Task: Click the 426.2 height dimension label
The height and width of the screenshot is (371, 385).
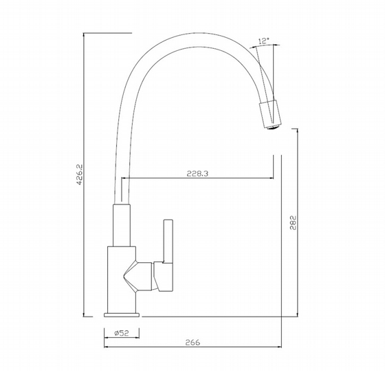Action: [80, 175]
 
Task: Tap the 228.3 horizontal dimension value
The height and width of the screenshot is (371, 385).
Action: [197, 173]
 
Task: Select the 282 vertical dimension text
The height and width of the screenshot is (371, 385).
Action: [293, 222]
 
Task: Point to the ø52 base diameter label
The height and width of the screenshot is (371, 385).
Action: [122, 333]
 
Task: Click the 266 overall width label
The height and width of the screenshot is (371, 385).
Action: [192, 342]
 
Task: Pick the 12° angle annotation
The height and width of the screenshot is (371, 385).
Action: [264, 41]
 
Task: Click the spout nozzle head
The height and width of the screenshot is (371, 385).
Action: [270, 114]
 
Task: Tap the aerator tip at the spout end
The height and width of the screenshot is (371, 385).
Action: [272, 127]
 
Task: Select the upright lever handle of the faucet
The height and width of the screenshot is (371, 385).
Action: [168, 241]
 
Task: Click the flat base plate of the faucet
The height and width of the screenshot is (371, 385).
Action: [122, 315]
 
